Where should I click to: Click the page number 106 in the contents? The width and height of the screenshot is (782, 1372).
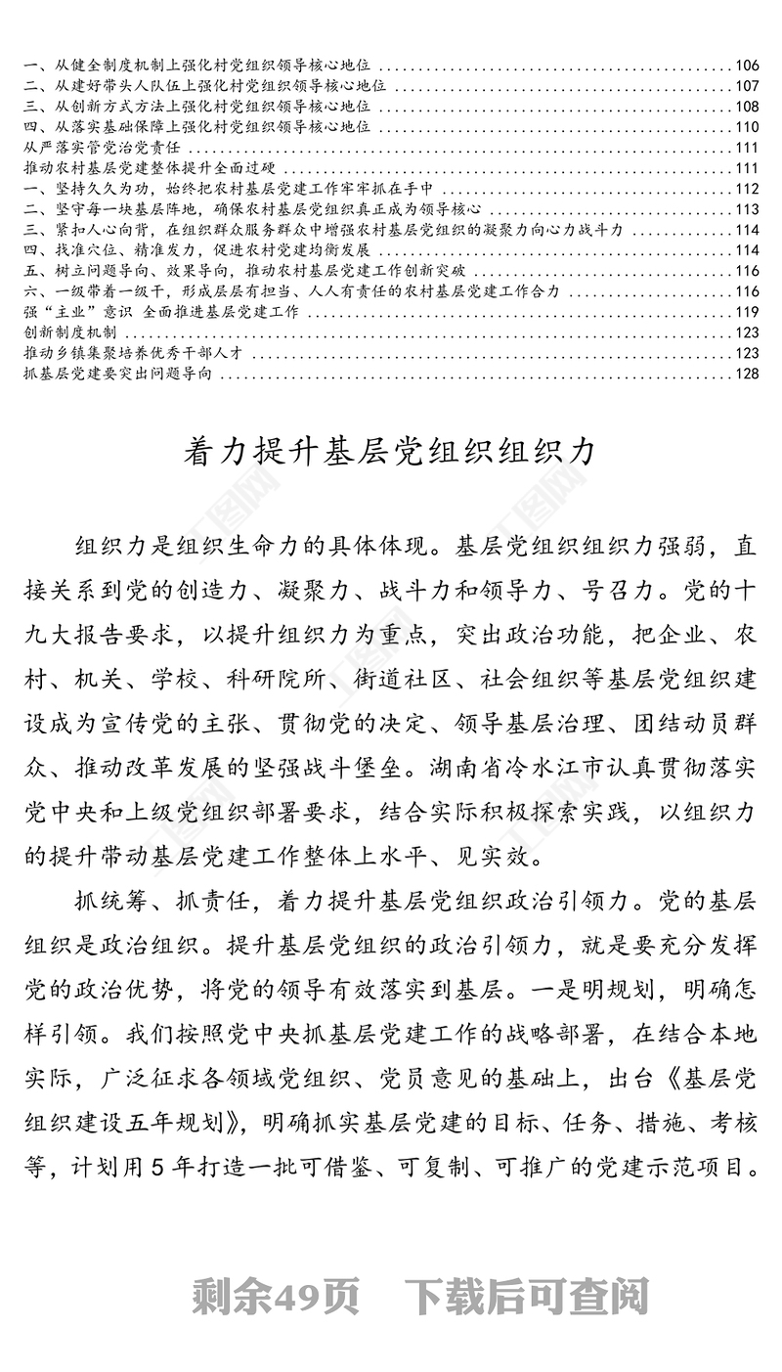coord(747,66)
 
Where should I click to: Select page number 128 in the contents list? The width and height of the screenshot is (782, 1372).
coord(747,374)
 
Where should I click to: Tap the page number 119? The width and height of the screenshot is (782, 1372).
coord(747,312)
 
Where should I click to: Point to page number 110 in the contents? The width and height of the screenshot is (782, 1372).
coord(747,127)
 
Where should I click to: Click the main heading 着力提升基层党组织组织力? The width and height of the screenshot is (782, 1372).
coord(390,453)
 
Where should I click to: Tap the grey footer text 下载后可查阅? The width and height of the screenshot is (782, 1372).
coord(527,1298)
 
